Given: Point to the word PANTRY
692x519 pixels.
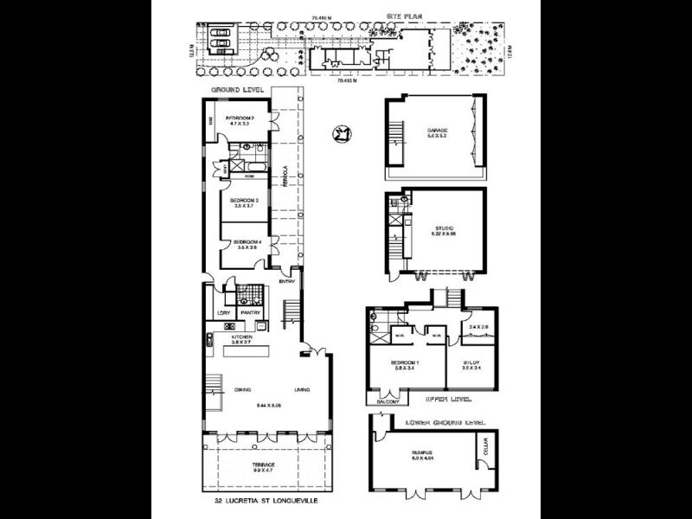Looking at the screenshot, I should point(250,312).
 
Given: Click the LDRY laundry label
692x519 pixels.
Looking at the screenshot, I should point(222,312).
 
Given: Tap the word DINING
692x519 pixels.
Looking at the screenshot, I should point(242,389).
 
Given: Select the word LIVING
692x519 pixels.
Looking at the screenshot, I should point(302,389).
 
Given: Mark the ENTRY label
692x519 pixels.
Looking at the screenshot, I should point(287,281).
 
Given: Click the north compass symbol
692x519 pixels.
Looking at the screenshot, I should point(342,134).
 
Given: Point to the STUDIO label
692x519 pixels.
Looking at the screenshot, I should point(437,227).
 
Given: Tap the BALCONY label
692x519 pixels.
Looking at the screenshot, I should point(385,401).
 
